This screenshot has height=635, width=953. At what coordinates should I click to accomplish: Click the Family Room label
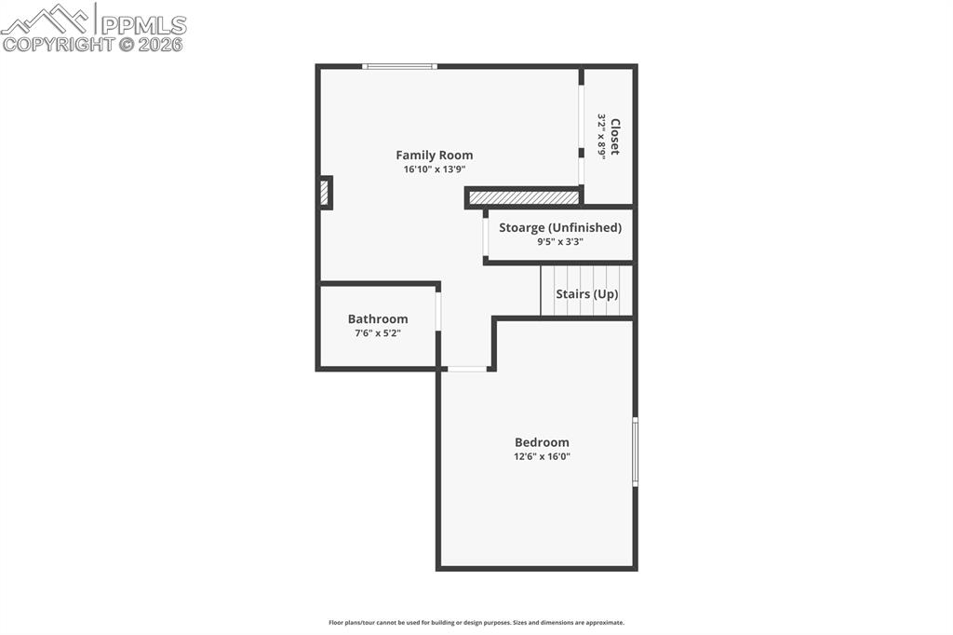click(x=434, y=155)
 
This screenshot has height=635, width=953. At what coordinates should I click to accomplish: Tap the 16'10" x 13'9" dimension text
click(x=434, y=169)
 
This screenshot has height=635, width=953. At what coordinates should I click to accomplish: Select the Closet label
click(x=615, y=136)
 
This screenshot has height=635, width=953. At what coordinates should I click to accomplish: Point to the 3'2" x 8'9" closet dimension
click(x=602, y=136)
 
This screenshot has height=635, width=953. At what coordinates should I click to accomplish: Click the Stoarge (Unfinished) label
click(x=560, y=227)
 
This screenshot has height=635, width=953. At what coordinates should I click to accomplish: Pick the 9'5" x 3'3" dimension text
click(x=560, y=241)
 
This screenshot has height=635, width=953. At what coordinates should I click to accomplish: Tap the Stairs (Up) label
click(x=586, y=294)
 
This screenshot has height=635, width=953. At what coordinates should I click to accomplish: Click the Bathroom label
click(x=378, y=319)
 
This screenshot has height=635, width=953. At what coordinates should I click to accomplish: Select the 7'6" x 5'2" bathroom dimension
click(x=378, y=333)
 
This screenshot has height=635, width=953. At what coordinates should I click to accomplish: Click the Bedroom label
click(x=542, y=442)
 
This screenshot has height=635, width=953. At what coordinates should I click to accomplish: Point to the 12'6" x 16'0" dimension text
click(x=542, y=456)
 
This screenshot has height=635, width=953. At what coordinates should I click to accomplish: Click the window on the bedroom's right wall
click(x=635, y=452)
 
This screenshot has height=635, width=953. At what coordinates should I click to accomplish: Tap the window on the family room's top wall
click(x=399, y=66)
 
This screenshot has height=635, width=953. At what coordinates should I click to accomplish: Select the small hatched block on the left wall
click(x=325, y=193)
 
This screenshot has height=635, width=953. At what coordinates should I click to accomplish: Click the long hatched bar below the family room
click(x=524, y=197)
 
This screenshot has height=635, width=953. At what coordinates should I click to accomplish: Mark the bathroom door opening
click(x=438, y=312)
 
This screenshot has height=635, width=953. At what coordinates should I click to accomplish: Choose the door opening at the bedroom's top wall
click(x=466, y=370)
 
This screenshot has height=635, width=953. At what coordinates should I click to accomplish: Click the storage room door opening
click(x=486, y=236)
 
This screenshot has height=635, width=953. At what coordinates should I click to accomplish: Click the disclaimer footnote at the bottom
click(x=476, y=623)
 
